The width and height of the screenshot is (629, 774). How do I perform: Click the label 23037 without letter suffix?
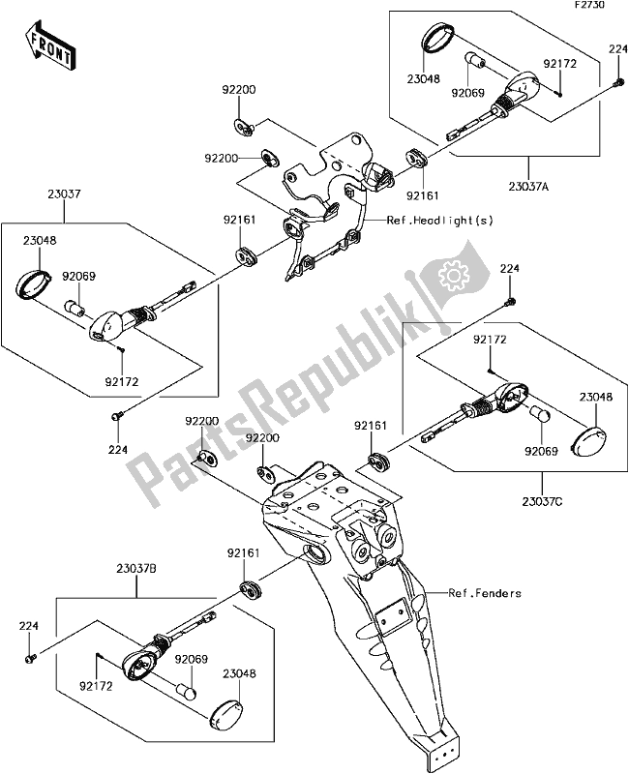[66, 194]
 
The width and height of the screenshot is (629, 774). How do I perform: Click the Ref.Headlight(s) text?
[440, 220]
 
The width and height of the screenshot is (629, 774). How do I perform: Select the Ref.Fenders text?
[484, 593]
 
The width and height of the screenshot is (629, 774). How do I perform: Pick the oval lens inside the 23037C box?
[590, 438]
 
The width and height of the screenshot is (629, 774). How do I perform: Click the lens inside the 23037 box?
[38, 284]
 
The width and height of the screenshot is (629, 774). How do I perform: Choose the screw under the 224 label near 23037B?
[29, 658]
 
